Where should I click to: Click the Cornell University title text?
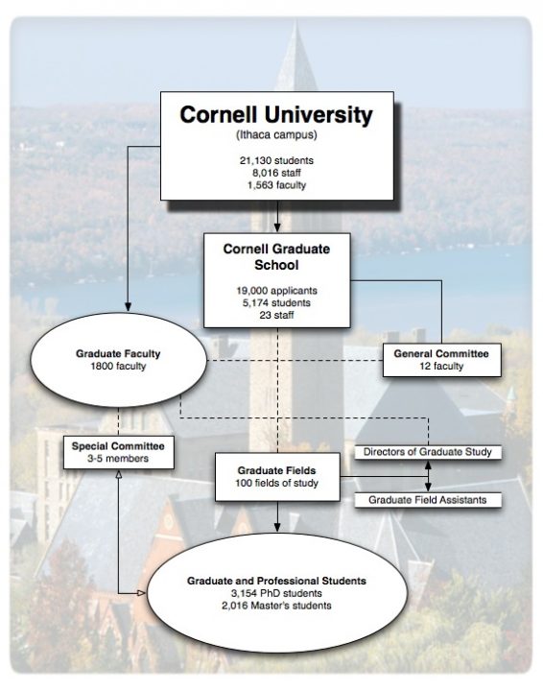click(276, 116)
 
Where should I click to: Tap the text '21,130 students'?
click(276, 159)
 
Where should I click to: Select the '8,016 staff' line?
click(276, 172)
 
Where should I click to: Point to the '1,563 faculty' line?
click(276, 184)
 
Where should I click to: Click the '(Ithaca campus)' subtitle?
click(276, 136)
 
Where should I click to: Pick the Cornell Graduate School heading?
click(276, 256)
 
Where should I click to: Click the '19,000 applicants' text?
click(276, 287)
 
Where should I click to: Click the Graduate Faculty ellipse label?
click(118, 353)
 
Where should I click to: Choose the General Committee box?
click(441, 360)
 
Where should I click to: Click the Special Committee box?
click(118, 452)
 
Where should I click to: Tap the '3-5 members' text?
click(118, 459)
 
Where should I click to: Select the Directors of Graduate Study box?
click(428, 451)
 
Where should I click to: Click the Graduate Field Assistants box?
click(428, 499)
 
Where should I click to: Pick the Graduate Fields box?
click(277, 476)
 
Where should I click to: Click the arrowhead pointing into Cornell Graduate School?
click(276, 228)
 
